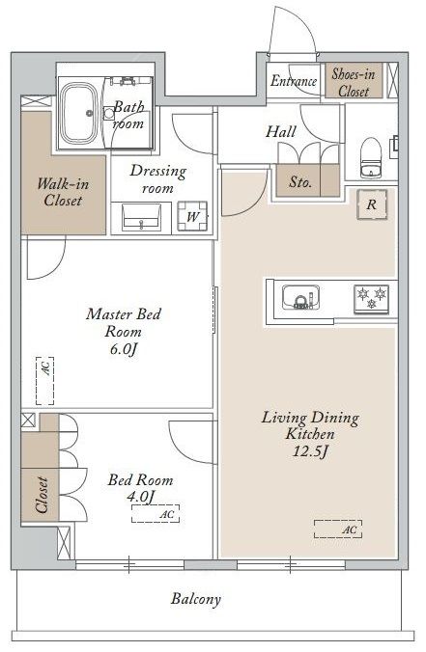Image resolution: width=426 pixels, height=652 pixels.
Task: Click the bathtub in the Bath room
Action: (x=78, y=112)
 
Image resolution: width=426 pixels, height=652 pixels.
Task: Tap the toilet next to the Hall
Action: (x=371, y=158)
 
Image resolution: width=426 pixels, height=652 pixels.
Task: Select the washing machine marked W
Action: (x=192, y=216)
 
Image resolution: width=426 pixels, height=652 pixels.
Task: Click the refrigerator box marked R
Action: (x=372, y=204)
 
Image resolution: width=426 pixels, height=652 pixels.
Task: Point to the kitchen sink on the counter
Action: (x=300, y=297)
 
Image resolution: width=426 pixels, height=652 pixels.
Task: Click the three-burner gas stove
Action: (x=372, y=299)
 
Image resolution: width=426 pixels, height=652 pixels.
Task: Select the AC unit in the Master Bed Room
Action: (x=45, y=380)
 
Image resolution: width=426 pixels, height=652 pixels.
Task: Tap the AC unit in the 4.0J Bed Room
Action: (x=156, y=513)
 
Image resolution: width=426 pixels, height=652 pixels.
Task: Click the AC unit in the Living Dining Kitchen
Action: (x=338, y=529)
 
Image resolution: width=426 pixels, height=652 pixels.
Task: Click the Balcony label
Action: (x=196, y=599)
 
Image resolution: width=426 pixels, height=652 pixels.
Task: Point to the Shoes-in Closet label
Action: (x=354, y=83)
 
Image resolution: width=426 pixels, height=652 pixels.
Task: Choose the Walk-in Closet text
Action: (x=63, y=192)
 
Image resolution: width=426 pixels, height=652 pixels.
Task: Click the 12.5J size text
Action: (x=310, y=451)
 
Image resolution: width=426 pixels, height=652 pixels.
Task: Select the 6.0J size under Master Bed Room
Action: (x=124, y=349)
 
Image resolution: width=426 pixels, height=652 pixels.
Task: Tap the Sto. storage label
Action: (x=300, y=181)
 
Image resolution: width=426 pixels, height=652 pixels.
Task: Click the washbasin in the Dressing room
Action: (x=142, y=217)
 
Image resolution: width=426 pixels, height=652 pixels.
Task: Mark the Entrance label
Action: (x=294, y=81)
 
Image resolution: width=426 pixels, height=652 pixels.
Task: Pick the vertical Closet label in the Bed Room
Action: (x=42, y=495)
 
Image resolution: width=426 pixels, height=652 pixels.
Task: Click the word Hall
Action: (x=281, y=132)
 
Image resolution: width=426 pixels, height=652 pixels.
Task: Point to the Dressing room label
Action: (x=157, y=178)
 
